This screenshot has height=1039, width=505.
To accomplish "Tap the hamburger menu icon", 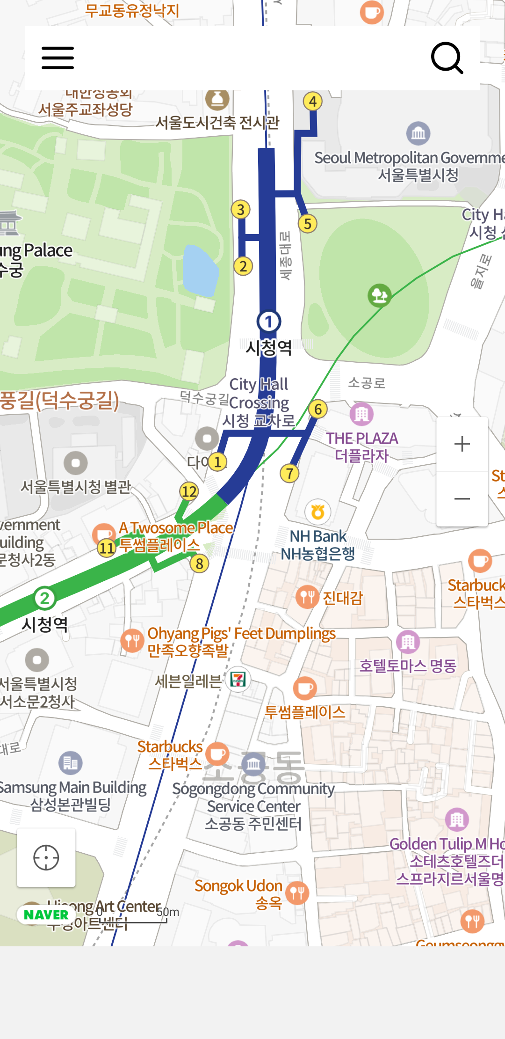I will coord(58,58).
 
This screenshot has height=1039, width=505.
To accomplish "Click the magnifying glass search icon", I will coord(447,58).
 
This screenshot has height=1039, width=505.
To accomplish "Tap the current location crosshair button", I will coord(46,858).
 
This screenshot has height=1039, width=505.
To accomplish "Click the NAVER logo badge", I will coord(46,915).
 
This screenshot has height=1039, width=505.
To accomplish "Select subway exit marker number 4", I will coord(313,101).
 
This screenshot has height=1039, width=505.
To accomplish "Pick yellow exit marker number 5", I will coord(308,224).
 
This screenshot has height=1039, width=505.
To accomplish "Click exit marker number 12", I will coord(189,491).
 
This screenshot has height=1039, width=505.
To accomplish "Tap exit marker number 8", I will coord(200,563).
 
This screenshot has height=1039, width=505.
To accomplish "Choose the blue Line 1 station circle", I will coord(268,322).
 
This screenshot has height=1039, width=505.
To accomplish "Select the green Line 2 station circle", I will coord(44,598).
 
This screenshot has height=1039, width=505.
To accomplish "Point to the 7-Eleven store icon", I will coord(238,679).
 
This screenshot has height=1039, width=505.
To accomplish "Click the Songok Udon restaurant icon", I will coord(297,893).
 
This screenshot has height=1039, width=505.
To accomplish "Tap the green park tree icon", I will coord(379,295).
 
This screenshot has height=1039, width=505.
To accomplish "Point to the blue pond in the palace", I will coord(201,271).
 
